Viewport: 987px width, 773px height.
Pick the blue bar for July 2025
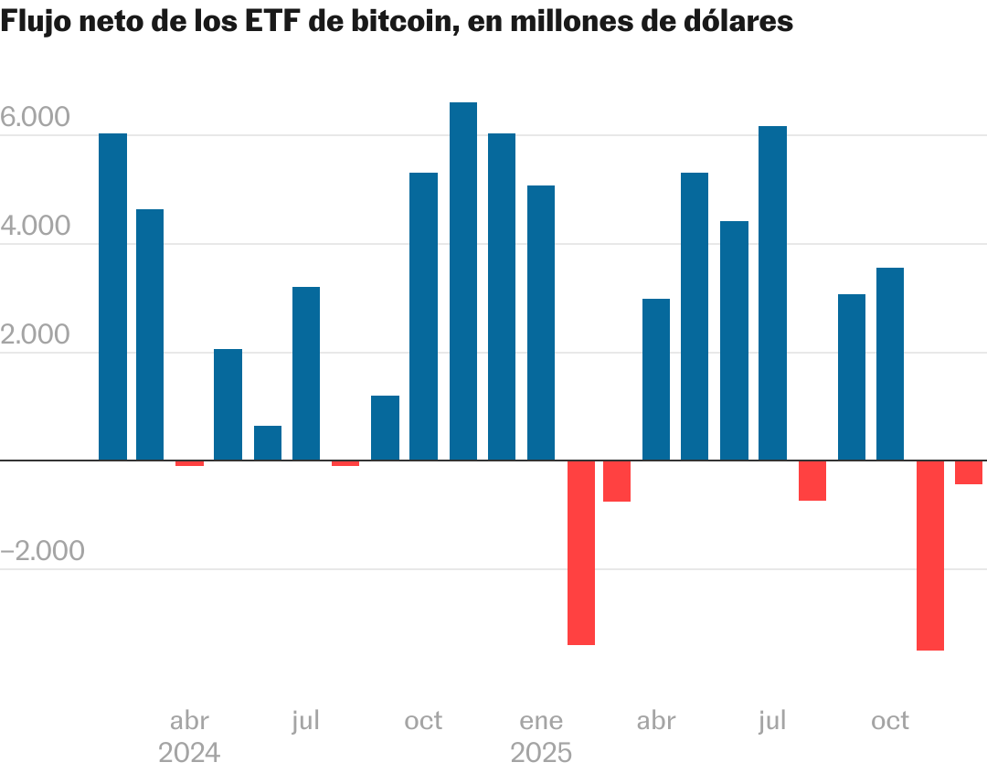(772, 293)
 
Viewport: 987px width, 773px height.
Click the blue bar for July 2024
(306, 374)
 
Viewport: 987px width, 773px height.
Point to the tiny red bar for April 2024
(190, 463)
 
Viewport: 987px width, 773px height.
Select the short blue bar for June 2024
(268, 443)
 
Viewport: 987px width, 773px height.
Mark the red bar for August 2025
(812, 481)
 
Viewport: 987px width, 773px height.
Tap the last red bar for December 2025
(969, 472)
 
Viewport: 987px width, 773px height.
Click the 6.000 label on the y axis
(36, 118)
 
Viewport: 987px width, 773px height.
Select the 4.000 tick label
(36, 227)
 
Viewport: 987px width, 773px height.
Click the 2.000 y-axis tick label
(36, 335)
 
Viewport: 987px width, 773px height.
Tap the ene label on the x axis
(541, 721)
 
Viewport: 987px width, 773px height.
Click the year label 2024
(189, 754)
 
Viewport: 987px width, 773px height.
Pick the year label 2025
(541, 754)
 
